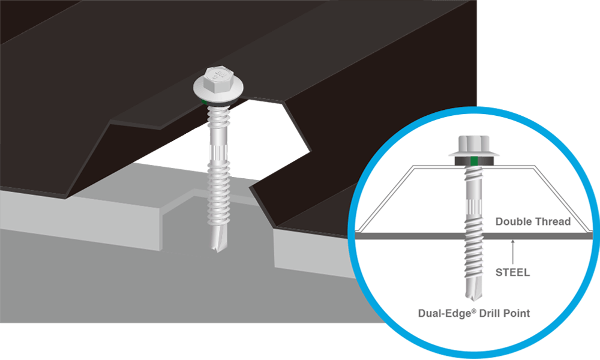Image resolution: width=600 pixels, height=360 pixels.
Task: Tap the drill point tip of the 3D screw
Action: [x=217, y=251]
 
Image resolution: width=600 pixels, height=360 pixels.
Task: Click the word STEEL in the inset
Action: [x=512, y=272]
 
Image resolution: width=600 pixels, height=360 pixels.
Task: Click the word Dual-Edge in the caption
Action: [x=444, y=314]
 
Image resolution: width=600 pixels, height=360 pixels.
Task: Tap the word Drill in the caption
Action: [x=490, y=313]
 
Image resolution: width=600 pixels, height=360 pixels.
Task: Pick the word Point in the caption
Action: [x=517, y=313]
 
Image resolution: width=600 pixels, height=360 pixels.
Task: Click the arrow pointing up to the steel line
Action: [x=513, y=252]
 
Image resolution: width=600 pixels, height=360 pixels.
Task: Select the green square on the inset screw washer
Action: [x=474, y=161]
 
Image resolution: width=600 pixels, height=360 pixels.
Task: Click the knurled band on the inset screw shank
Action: [x=474, y=209]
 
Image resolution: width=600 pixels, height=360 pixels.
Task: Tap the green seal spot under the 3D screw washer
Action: [x=204, y=102]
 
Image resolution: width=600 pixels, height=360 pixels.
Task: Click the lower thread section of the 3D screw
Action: [x=219, y=193]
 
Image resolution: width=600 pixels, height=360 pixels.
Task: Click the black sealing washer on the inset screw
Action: [x=474, y=161]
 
